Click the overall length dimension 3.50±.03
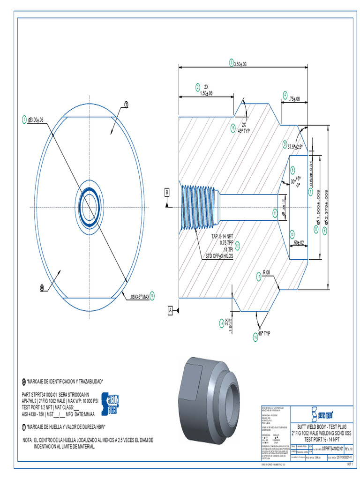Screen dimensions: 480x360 click(x=240, y=63)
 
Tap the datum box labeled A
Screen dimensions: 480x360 click(x=171, y=309)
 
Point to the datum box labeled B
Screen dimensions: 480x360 click(x=166, y=192)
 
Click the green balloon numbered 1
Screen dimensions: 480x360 click(x=24, y=120)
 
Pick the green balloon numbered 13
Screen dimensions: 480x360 click(x=152, y=295)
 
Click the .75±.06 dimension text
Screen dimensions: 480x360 click(x=295, y=99)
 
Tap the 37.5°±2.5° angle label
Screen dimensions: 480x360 click(x=295, y=147)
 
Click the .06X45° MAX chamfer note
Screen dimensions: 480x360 click(x=139, y=296)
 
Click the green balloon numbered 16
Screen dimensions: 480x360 click(x=256, y=336)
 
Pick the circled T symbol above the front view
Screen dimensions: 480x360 click(x=126, y=104)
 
